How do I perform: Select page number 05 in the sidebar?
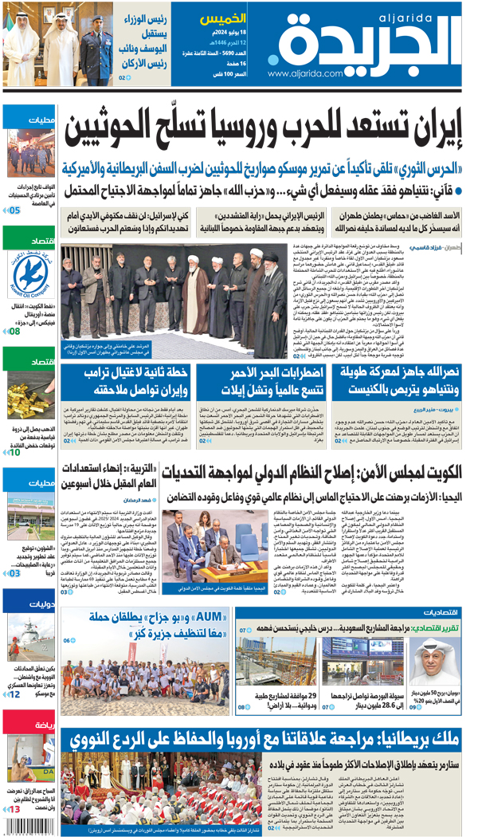pyautogui.click(x=14, y=210)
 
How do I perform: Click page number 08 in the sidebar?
pyautogui.click(x=14, y=330)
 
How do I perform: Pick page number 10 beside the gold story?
pyautogui.click(x=14, y=453)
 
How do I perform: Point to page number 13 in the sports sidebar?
pyautogui.click(x=14, y=809)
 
